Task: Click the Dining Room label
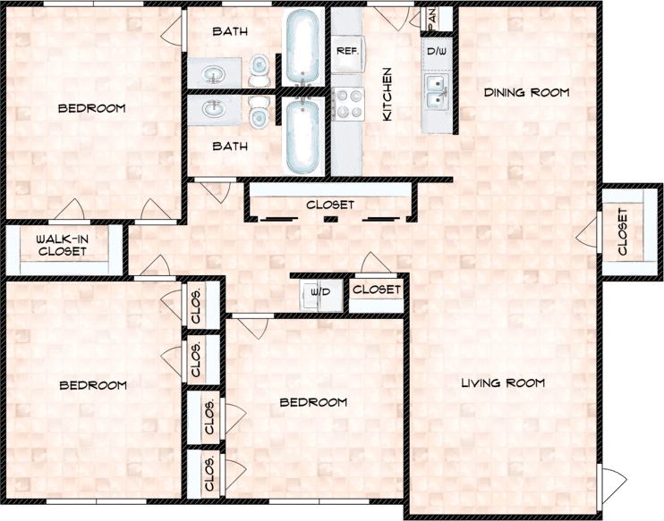pos(526,92)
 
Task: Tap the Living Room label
pos(503,383)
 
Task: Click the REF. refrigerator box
pos(346,52)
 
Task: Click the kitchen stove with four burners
pos(346,103)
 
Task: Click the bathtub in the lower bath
pos(302,136)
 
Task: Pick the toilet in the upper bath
pos(260,69)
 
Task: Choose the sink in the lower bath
pos(214,111)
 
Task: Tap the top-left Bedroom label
pos(91,108)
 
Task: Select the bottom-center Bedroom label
pos(313,402)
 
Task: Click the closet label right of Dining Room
pos(623,231)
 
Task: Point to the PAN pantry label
pos(432,16)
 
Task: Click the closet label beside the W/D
pos(376,290)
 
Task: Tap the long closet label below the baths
pos(330,205)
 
